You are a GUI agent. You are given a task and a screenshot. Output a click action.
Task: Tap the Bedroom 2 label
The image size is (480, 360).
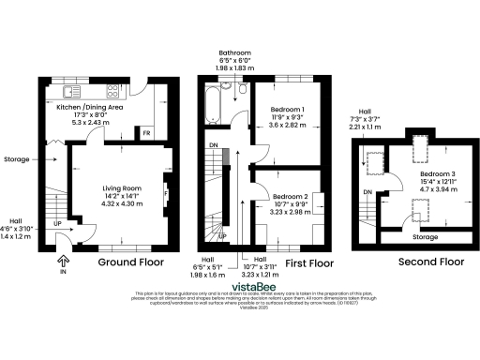pyautogui.click(x=291, y=197)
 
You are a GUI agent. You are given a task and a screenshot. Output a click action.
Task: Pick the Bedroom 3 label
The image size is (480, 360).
pyautogui.click(x=436, y=175)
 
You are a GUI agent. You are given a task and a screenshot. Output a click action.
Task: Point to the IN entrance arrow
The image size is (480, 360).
pyautogui.click(x=64, y=262)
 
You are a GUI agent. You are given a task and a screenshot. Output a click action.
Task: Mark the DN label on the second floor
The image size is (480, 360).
pyautogui.click(x=367, y=193)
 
